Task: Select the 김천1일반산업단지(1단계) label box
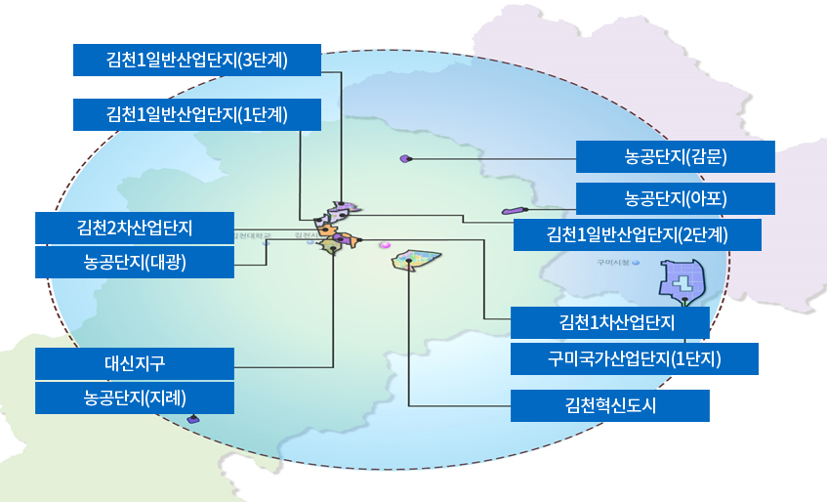click(x=197, y=114)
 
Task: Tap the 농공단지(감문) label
click(x=675, y=156)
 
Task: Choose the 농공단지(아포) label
click(x=675, y=198)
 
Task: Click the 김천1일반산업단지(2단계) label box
click(x=638, y=234)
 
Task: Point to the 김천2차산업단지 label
click(x=135, y=228)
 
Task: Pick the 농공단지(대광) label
click(x=135, y=262)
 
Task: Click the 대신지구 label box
click(x=135, y=363)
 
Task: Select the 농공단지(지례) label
click(x=135, y=397)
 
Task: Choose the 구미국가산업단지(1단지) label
click(x=634, y=358)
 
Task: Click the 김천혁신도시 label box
click(x=609, y=404)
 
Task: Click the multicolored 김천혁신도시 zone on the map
click(x=418, y=261)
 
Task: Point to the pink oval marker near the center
click(x=385, y=245)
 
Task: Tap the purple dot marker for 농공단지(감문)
click(x=406, y=158)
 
